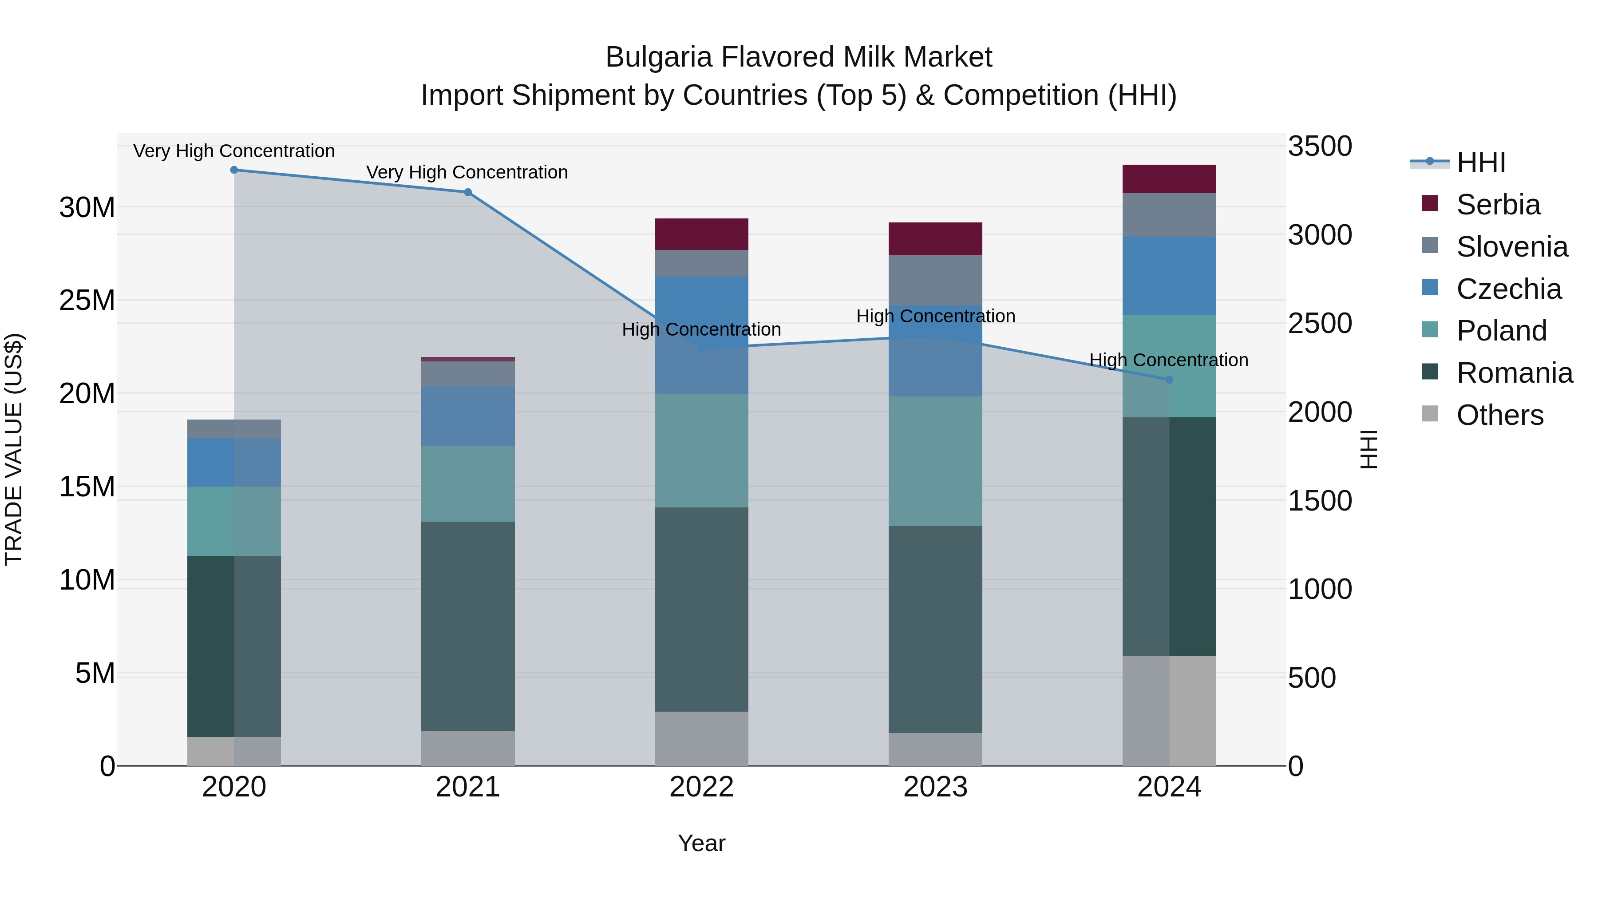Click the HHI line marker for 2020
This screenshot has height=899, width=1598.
pyautogui.click(x=234, y=170)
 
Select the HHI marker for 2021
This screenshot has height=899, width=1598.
pyautogui.click(x=468, y=192)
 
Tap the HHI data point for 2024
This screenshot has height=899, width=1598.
pyautogui.click(x=1169, y=380)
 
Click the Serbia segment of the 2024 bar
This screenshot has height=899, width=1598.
pyautogui.click(x=1169, y=179)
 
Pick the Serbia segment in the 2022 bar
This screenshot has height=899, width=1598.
pyautogui.click(x=702, y=234)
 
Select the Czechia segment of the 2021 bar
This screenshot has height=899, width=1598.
pyautogui.click(x=468, y=416)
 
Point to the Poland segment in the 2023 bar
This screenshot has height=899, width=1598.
pyautogui.click(x=935, y=462)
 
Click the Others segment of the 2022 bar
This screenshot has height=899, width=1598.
pyautogui.click(x=702, y=738)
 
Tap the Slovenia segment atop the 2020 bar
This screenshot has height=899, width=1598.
pyautogui.click(x=234, y=429)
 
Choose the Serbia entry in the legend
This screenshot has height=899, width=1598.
pyautogui.click(x=1498, y=205)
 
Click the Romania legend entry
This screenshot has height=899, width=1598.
pyautogui.click(x=1514, y=373)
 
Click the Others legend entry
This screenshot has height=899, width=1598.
pyautogui.click(x=1499, y=415)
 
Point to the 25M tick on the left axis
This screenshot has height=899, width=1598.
pyautogui.click(x=87, y=300)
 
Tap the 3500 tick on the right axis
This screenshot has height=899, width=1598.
pyautogui.click(x=1320, y=147)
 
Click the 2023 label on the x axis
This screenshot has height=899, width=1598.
pyautogui.click(x=935, y=787)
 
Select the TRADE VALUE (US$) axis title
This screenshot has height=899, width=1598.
pyautogui.click(x=14, y=449)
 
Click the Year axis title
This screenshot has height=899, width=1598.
pyautogui.click(x=702, y=843)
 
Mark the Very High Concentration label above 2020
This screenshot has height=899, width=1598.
pyautogui.click(x=234, y=151)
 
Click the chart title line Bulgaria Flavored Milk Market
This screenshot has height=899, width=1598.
pyautogui.click(x=799, y=57)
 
